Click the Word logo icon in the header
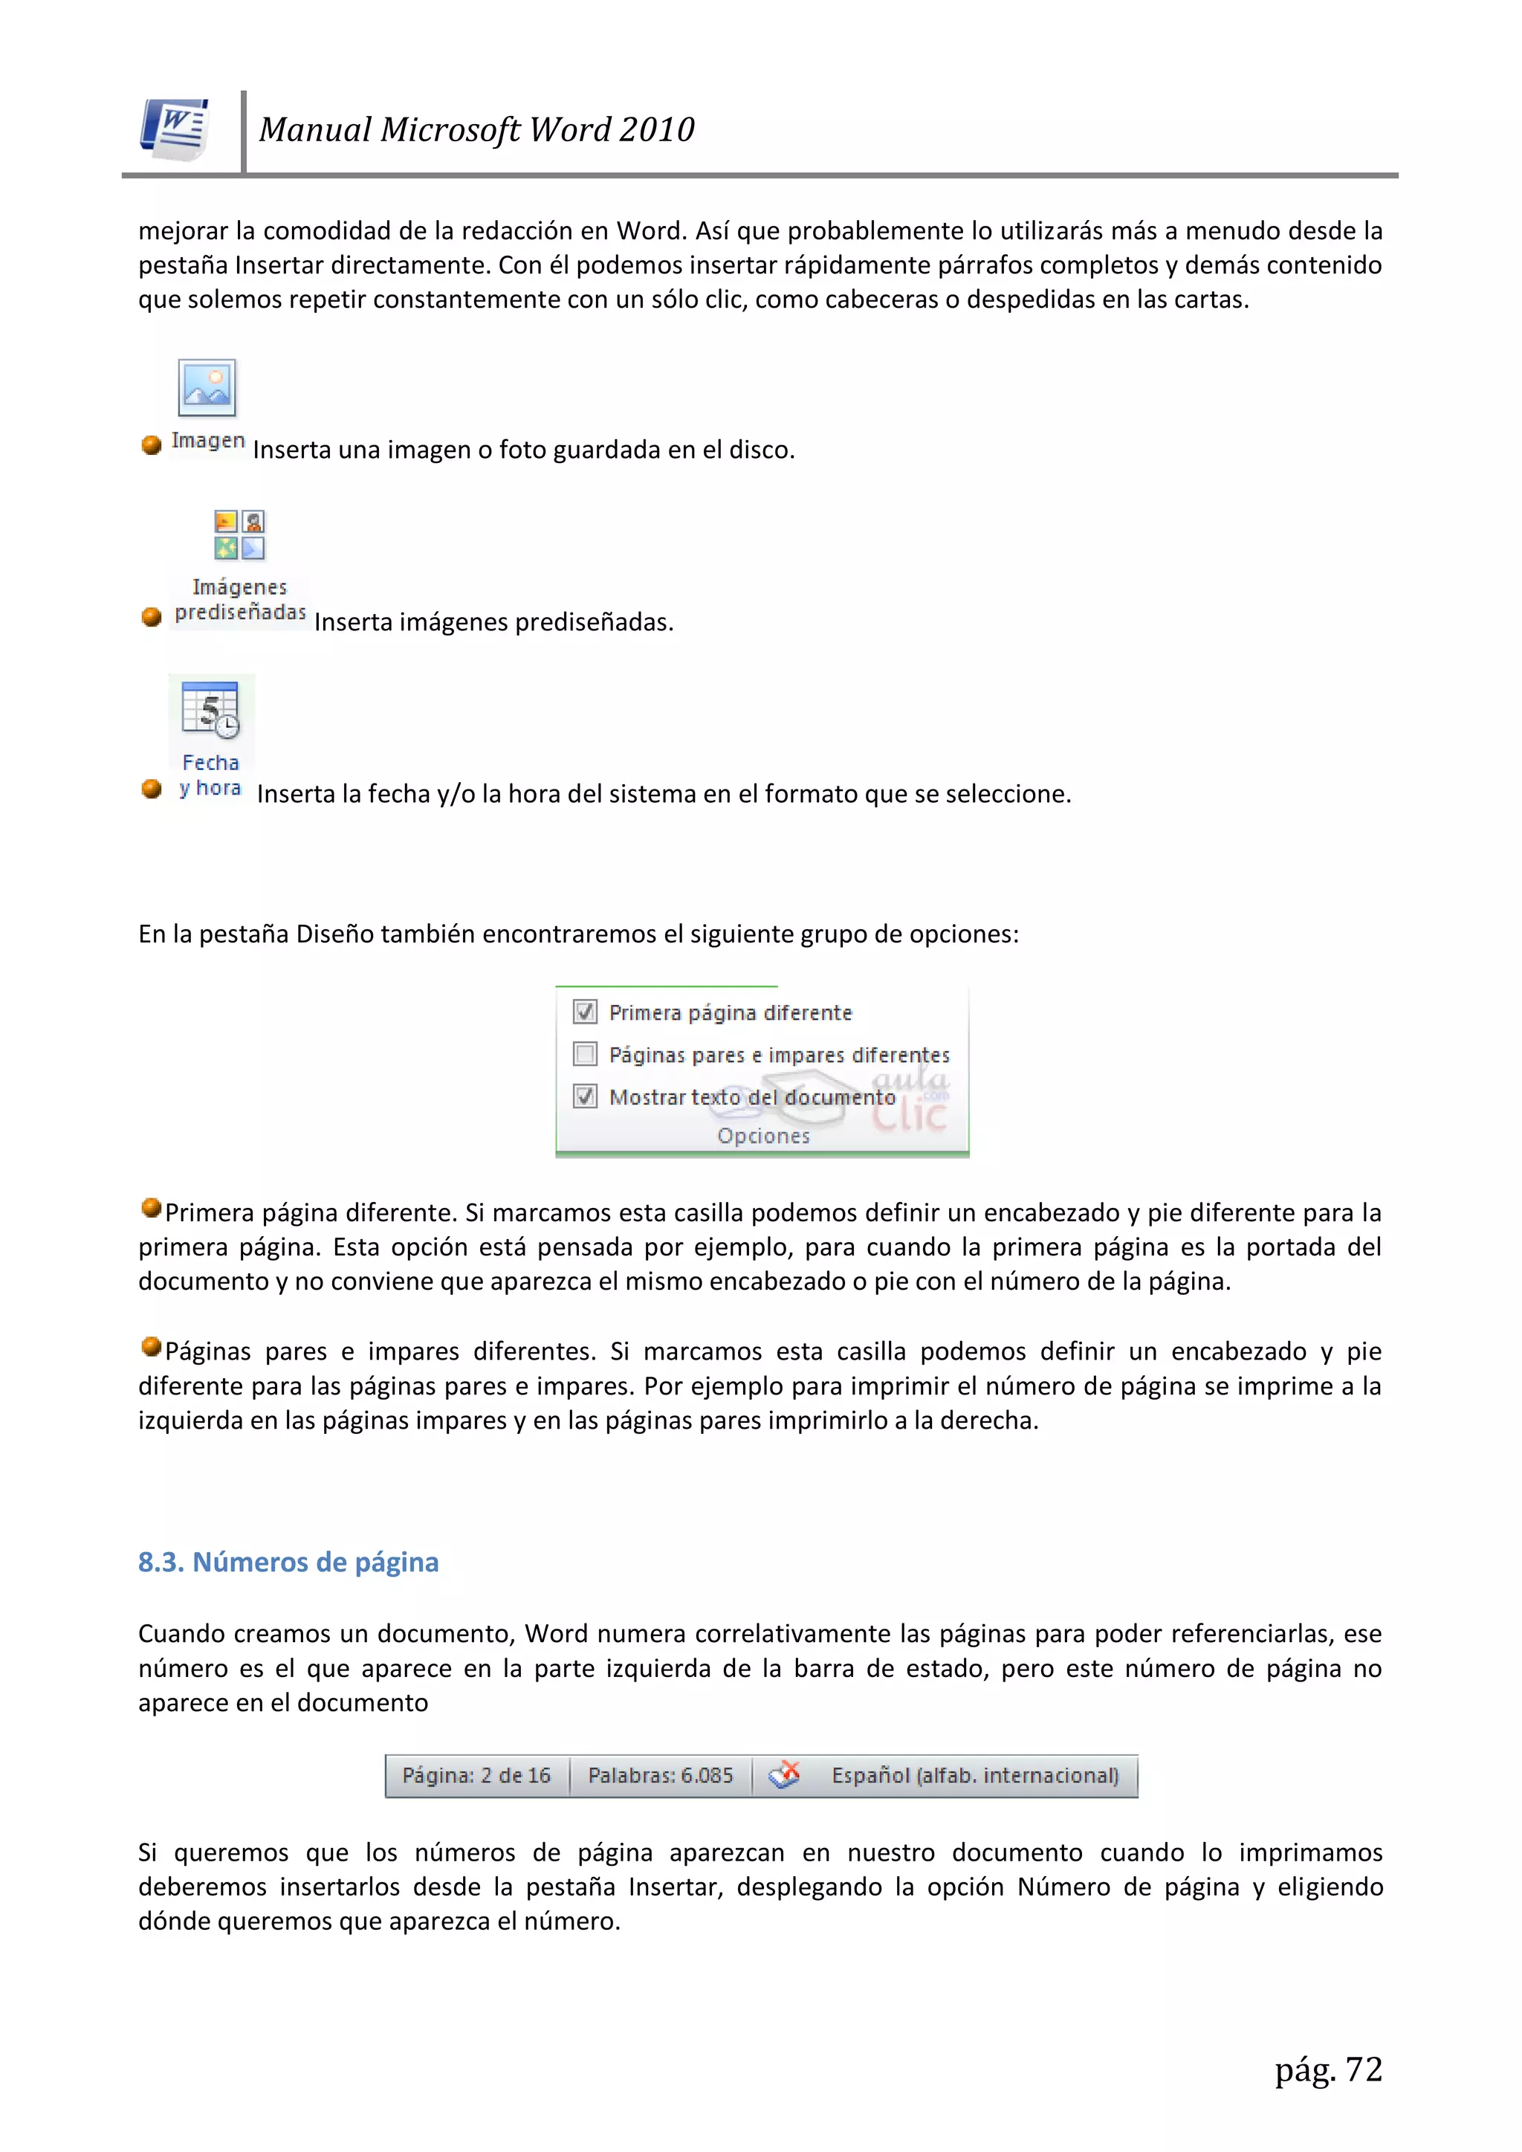pyautogui.click(x=175, y=129)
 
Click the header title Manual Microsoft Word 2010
pyautogui.click(x=476, y=129)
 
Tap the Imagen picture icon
pyautogui.click(x=207, y=387)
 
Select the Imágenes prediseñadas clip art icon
pyautogui.click(x=239, y=534)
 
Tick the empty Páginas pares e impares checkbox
pyautogui.click(x=585, y=1053)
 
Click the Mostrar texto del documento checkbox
pyautogui.click(x=585, y=1096)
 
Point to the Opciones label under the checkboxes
pyautogui.click(x=763, y=1135)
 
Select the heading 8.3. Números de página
pyautogui.click(x=288, y=1562)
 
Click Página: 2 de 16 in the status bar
pyautogui.click(x=476, y=1775)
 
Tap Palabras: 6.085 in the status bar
pyautogui.click(x=660, y=1775)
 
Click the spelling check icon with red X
pyautogui.click(x=785, y=1774)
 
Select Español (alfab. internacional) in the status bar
pyautogui.click(x=975, y=1775)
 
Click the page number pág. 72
pyautogui.click(x=1328, y=2069)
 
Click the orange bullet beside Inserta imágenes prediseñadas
pyautogui.click(x=151, y=617)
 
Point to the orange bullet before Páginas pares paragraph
pyautogui.click(x=151, y=1347)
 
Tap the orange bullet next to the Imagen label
pyautogui.click(x=151, y=445)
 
